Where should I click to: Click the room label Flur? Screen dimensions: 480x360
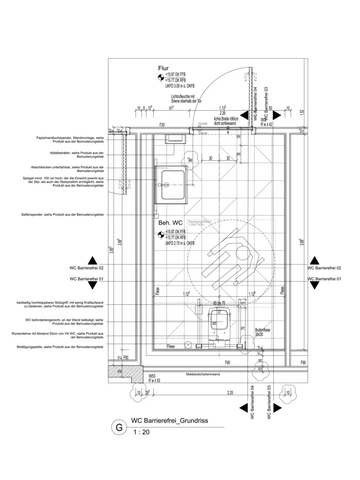click(x=163, y=68)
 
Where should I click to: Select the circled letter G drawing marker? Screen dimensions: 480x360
click(x=119, y=427)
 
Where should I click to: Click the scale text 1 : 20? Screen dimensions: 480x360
click(x=141, y=433)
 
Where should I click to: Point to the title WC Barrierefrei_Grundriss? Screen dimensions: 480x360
click(x=169, y=421)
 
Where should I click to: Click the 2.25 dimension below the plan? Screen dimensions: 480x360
click(x=230, y=392)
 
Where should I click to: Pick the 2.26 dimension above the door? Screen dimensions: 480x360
click(x=223, y=113)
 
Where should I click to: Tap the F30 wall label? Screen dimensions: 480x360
click(x=162, y=125)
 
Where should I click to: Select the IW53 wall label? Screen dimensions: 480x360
click(x=151, y=375)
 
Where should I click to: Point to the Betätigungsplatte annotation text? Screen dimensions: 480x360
click(x=62, y=347)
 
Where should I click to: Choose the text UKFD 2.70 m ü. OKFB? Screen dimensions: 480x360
click(x=180, y=243)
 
